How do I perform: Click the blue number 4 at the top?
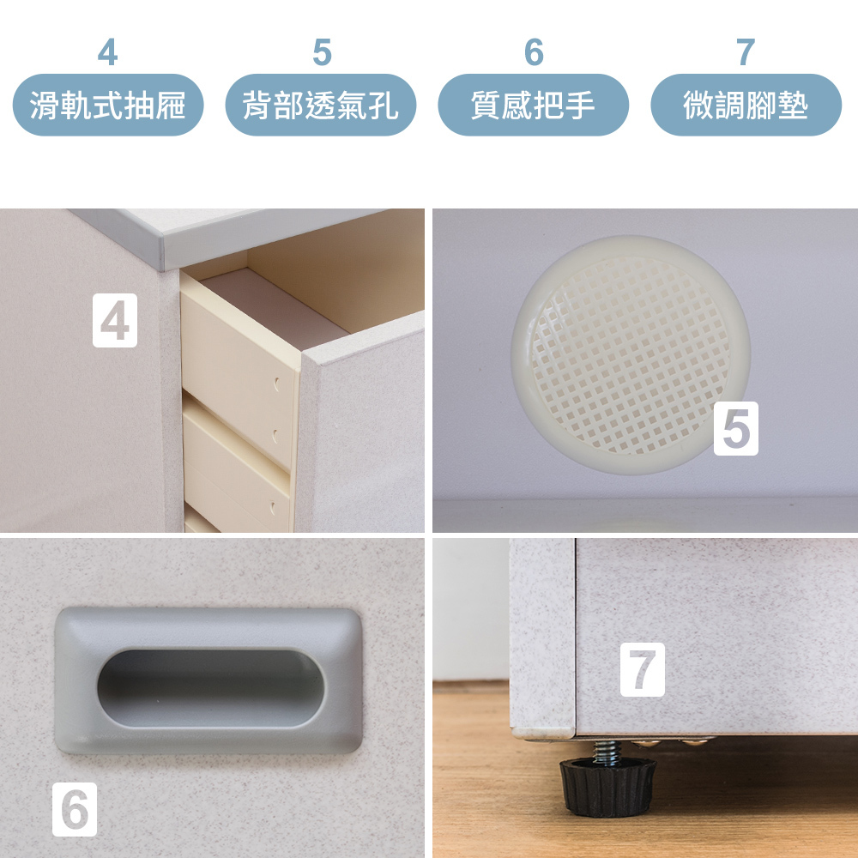108,52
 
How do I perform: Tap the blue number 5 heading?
322,52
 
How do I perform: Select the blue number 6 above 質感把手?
534,52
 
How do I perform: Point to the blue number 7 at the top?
746,52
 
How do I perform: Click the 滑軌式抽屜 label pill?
108,105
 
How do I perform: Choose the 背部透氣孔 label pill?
321,105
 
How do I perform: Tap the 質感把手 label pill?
534,105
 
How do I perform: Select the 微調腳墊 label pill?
746,105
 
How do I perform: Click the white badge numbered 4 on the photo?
115,320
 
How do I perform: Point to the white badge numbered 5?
736,428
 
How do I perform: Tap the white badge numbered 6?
75,809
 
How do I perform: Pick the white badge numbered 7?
643,669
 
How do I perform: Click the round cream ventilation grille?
631,355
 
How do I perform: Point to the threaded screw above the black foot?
607,751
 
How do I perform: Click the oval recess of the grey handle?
211,688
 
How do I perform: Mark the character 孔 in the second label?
383,105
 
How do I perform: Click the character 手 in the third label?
580,105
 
